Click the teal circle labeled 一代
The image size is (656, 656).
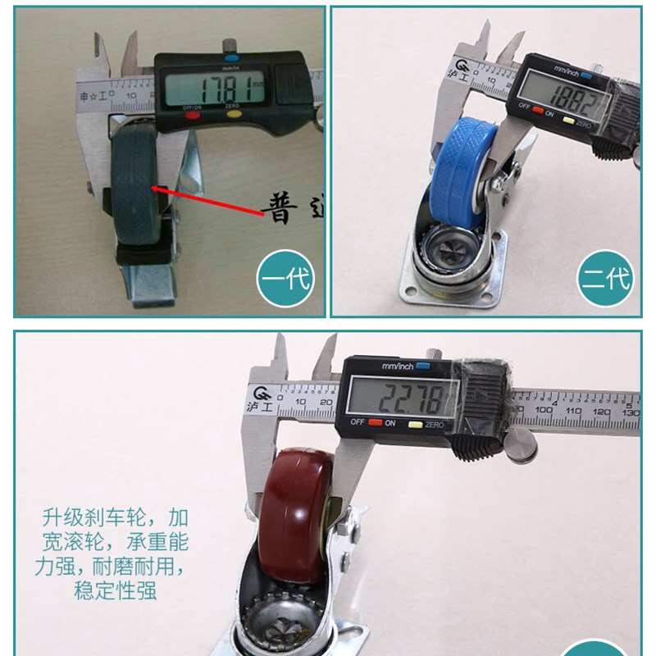coord(285,279)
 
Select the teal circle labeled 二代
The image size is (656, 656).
coord(606,279)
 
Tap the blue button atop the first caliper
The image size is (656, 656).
coord(230,58)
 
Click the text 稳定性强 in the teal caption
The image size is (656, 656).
coord(116,590)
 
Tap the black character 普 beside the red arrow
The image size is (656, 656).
coord(280,212)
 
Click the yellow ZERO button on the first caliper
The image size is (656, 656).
coord(234,116)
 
